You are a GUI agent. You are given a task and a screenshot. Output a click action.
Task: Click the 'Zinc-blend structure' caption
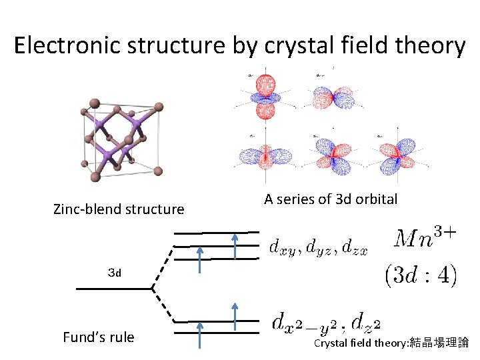coord(119,209)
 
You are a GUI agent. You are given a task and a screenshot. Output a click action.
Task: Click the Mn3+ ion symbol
coord(425,238)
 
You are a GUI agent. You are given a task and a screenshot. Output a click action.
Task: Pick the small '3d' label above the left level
coord(115,272)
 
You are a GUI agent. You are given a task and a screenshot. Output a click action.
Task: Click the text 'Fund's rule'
coord(98,337)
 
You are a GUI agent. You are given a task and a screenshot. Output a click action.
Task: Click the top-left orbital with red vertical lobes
coord(265,94)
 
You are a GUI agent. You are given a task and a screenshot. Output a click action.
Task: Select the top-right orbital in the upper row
coord(335,97)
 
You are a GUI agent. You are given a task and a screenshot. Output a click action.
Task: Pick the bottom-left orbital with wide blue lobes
coord(267,156)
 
